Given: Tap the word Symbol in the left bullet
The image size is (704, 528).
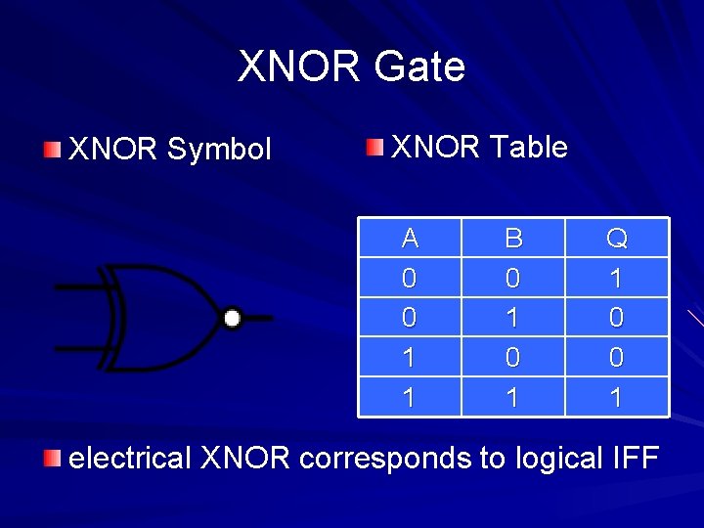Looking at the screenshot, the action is [219, 150].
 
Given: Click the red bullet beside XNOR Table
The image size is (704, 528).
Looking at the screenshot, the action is [375, 148].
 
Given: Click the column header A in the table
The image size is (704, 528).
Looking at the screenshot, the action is [410, 238].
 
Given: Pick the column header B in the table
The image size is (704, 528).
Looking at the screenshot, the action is [512, 238].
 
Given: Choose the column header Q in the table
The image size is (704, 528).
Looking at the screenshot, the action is [616, 238].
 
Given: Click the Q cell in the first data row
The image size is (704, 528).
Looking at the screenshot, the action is [616, 278].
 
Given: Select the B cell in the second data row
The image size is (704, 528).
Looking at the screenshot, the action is [512, 318].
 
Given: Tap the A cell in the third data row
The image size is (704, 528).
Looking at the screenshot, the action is [410, 358].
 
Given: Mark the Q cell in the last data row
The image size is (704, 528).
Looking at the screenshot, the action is [616, 397].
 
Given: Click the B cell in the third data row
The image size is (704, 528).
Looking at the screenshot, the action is [512, 358].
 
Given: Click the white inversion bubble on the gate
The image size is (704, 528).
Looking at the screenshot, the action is [232, 318].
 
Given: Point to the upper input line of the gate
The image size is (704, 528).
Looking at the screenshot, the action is [78, 287].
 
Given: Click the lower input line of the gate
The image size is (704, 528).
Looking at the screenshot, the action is [78, 348].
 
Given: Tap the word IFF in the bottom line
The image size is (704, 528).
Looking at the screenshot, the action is [632, 458].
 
